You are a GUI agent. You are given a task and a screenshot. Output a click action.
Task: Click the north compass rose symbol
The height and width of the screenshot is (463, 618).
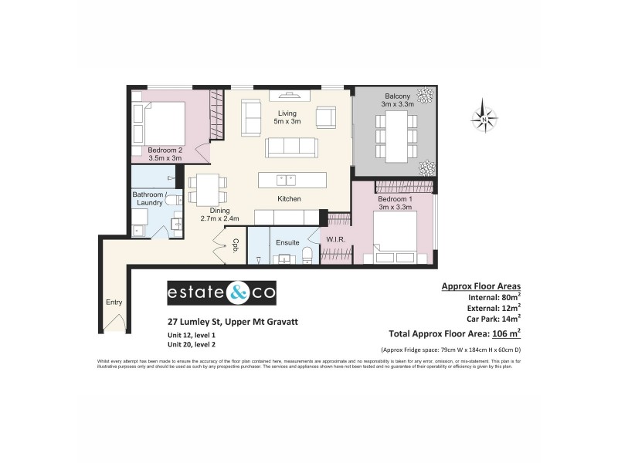coord(484,119)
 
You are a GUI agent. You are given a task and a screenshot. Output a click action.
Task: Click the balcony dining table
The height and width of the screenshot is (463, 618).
coord(396,136)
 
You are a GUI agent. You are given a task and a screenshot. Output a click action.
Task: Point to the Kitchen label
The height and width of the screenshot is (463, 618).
coord(290,199)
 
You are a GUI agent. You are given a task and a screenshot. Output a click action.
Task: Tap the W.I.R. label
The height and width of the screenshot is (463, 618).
coord(334,239)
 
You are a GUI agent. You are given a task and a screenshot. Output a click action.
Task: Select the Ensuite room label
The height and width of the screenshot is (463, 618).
coord(287,242)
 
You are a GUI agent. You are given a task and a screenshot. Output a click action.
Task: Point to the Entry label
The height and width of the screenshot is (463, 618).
coord(114,302)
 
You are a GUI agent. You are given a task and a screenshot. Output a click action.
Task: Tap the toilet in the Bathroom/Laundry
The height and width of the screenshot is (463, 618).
coord(174,200)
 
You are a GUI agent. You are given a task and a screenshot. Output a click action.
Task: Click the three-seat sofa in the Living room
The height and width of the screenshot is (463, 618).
coord(291,147)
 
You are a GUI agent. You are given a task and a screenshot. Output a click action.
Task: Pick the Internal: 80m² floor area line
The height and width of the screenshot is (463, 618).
coord(494,297)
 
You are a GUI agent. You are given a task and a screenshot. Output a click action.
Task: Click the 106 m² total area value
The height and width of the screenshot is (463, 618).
coord(506,333)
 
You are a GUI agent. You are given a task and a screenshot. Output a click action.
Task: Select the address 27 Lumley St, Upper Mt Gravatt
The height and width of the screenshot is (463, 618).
coord(223,322)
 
